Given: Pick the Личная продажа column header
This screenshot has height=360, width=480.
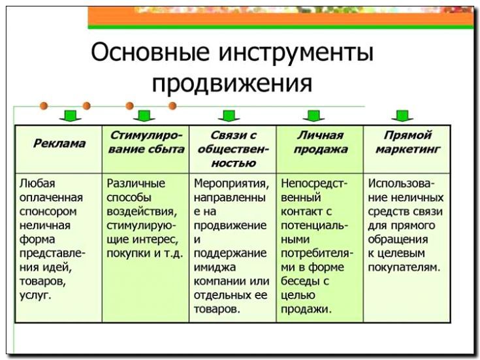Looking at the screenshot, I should point(320,142).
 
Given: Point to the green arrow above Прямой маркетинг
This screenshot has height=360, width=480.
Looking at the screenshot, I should point(401,116).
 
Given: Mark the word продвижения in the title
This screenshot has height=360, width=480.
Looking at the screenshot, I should point(232,84).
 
